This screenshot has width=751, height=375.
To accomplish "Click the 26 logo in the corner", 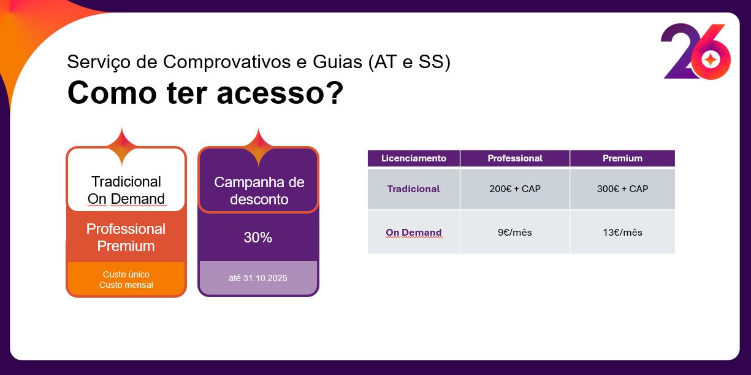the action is [x=696, y=52].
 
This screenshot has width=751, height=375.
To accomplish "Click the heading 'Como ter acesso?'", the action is [x=205, y=93].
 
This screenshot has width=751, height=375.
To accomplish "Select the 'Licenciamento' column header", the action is [x=413, y=158].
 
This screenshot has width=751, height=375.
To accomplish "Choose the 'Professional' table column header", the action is [x=515, y=158].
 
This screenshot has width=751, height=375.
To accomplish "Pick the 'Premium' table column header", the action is [x=622, y=158].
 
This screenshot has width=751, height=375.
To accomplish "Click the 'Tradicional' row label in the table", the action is [x=413, y=188].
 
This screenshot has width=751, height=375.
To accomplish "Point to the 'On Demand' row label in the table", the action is [x=413, y=233].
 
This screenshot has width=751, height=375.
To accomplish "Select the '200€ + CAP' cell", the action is [x=515, y=188].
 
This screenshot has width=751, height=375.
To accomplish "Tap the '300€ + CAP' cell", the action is [x=622, y=188].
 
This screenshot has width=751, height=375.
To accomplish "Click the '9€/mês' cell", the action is [x=514, y=233].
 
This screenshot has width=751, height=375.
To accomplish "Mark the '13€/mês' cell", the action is [x=622, y=233].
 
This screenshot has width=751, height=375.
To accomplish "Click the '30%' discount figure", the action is [x=258, y=238].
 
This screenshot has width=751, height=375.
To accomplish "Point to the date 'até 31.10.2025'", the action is [x=258, y=278].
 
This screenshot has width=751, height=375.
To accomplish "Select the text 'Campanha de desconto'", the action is [x=259, y=191].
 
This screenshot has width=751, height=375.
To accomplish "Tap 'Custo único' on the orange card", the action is [x=126, y=274].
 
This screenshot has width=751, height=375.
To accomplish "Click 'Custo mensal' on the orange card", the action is [x=126, y=285].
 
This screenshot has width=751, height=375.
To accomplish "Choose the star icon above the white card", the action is [x=122, y=146].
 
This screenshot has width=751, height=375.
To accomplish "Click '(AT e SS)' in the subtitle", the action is [x=410, y=62].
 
